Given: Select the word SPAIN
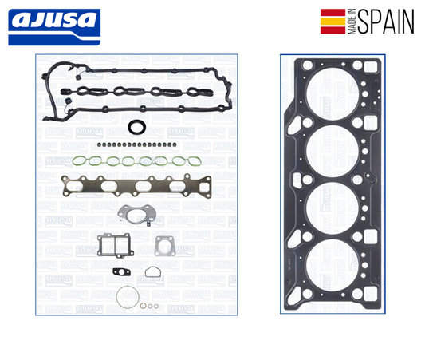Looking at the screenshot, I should click(x=386, y=22).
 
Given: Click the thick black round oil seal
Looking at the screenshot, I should click(x=136, y=128).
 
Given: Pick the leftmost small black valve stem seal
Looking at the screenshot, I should click(x=95, y=145).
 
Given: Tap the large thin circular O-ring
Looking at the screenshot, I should click(x=124, y=297).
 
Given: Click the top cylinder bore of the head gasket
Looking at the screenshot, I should click(x=329, y=97).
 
